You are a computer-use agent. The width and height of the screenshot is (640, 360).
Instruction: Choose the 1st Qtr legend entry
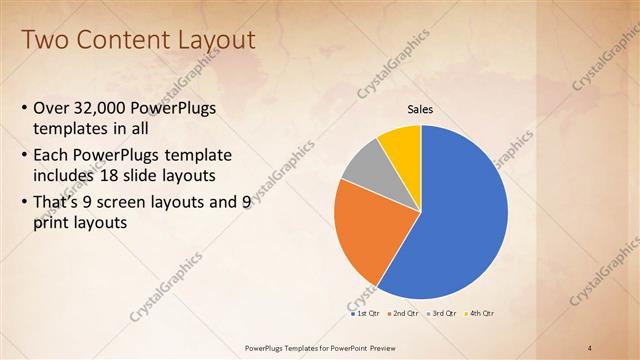point(365,314)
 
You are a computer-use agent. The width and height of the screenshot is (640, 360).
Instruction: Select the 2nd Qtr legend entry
point(403,314)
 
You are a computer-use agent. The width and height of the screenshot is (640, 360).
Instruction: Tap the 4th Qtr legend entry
point(480,314)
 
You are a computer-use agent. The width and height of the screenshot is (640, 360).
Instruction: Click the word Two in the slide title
point(44,40)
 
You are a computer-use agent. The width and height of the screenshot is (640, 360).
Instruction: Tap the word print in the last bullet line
point(51,224)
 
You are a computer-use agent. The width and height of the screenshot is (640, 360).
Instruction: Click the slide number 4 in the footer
point(591,346)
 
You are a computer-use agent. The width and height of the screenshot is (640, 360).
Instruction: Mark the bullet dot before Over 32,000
point(24,108)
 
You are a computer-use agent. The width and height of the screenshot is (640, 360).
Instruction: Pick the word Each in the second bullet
point(51,155)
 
